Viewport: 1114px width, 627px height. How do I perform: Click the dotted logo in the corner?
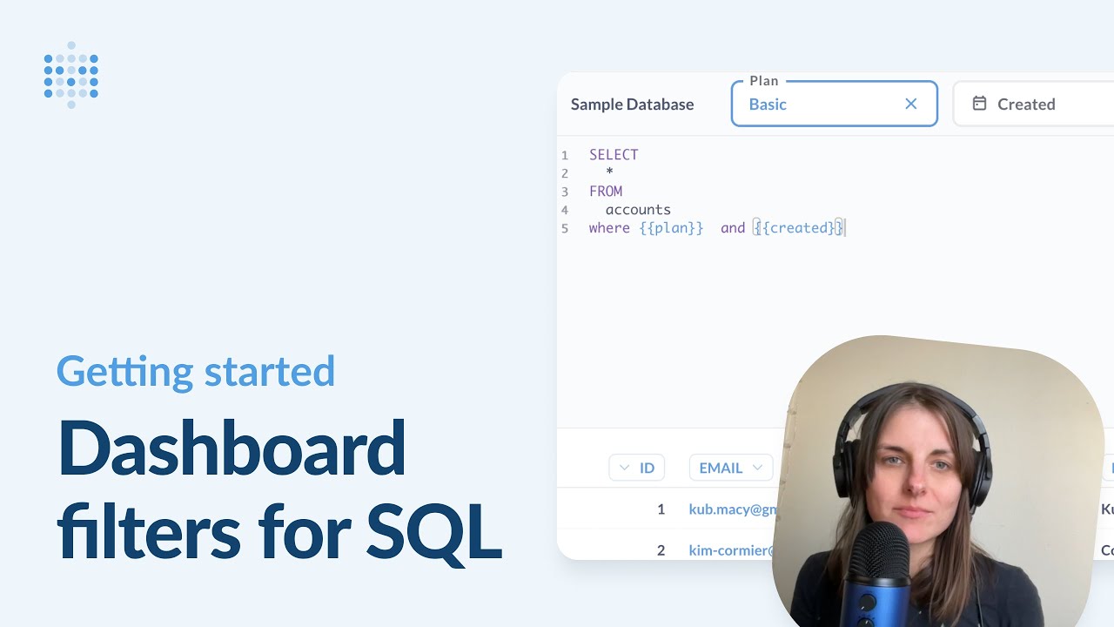click(x=71, y=75)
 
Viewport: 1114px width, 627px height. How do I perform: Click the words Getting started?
click(x=196, y=371)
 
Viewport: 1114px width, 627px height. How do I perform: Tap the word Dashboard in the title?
click(x=232, y=448)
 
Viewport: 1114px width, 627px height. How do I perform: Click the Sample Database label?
click(x=632, y=104)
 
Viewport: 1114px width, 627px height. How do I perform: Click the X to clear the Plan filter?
click(x=911, y=104)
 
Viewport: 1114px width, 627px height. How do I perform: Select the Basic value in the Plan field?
click(x=768, y=104)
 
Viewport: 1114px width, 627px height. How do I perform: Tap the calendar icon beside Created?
click(x=979, y=104)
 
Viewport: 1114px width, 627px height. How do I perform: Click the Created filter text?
click(x=1026, y=104)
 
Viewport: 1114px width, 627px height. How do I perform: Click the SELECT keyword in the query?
click(x=614, y=155)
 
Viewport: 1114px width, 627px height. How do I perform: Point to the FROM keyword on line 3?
click(x=606, y=192)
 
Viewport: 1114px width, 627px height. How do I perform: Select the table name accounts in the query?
click(x=638, y=210)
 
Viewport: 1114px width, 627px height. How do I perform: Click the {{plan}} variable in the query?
click(x=671, y=228)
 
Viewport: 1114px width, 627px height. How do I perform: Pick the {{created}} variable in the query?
click(x=799, y=228)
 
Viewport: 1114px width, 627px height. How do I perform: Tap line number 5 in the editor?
click(x=565, y=229)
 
